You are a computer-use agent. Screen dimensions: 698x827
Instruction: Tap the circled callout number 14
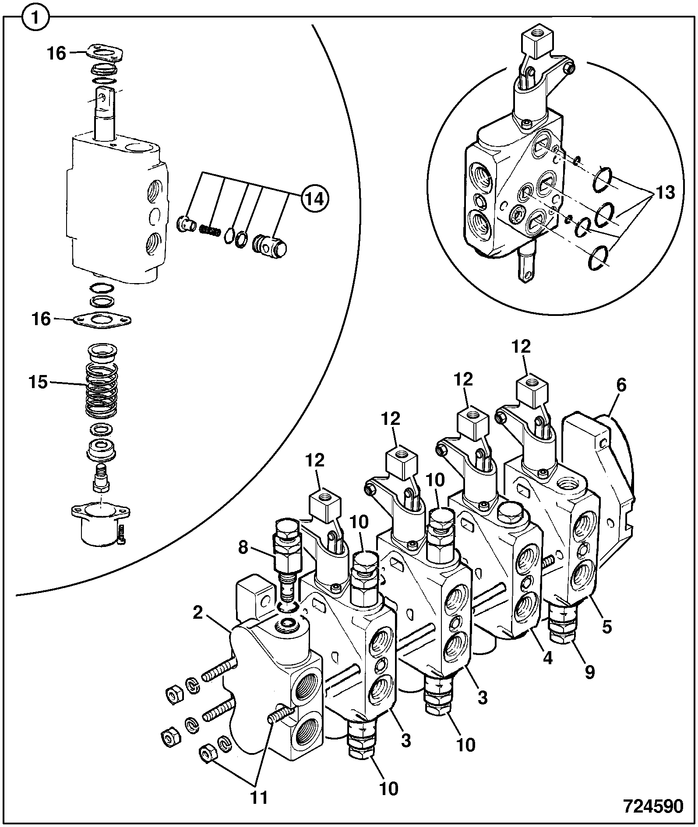[x=315, y=199]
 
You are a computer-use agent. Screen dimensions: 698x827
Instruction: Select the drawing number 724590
[x=653, y=806]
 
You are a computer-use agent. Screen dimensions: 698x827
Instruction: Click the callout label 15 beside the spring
[x=38, y=382]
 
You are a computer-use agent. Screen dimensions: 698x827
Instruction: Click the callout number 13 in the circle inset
[x=665, y=193]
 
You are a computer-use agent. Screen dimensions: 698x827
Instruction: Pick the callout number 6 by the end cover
[x=621, y=385]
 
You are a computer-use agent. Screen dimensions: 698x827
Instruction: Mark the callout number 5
[x=606, y=627]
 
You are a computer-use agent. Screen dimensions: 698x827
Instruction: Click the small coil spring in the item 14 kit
[x=210, y=230]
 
